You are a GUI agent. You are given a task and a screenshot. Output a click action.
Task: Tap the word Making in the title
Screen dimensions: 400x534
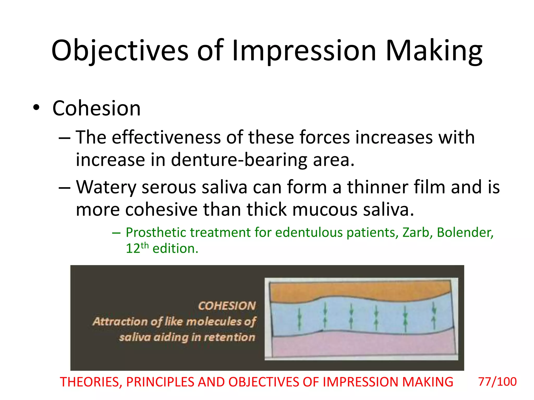tap(434, 51)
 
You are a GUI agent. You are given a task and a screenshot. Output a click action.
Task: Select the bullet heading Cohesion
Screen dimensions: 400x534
tap(96, 108)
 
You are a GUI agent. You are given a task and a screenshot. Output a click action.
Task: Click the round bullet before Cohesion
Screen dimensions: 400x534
tap(36, 108)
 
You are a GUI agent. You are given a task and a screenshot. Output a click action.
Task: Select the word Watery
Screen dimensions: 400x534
tap(106, 187)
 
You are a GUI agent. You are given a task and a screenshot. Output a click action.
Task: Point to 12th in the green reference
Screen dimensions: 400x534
tap(137, 248)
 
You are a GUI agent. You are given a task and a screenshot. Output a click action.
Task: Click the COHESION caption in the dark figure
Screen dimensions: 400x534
tap(227, 306)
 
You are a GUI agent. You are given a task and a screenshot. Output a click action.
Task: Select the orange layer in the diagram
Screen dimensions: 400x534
tap(360, 290)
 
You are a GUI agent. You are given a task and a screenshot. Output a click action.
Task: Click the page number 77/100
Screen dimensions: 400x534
tap(497, 382)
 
